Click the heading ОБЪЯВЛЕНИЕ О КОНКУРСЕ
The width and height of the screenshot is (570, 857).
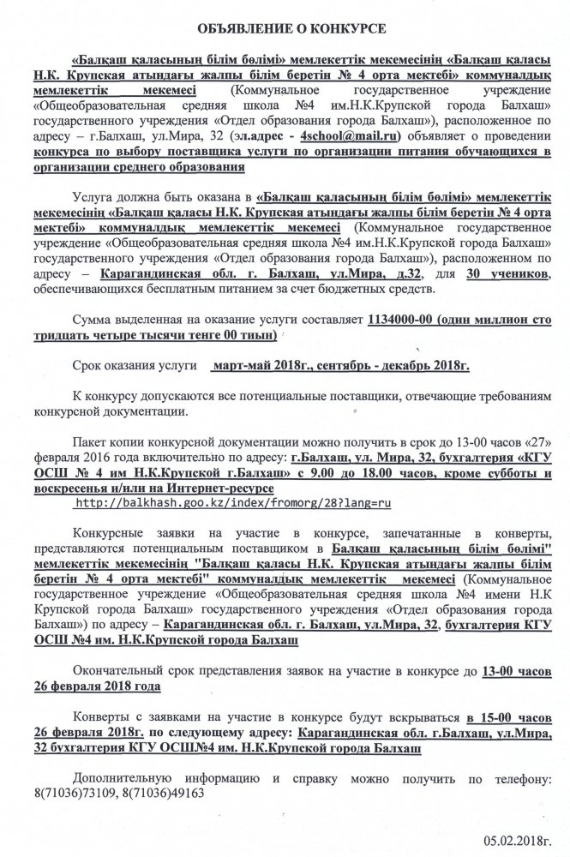tap(284, 29)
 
